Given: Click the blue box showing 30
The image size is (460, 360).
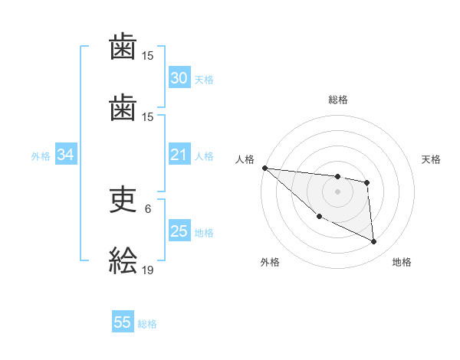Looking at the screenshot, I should point(179,78).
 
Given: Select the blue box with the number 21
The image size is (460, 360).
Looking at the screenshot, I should point(179,155).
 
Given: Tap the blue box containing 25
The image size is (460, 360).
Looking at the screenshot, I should point(179,231).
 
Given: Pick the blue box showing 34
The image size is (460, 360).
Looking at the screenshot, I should point(65,155).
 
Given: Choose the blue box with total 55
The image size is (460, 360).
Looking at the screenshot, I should point(123,322).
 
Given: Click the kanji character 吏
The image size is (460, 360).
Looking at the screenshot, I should point(123,200).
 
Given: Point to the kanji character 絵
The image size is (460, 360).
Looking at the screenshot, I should point(123,260).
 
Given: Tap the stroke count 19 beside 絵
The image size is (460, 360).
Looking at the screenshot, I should point(148,270).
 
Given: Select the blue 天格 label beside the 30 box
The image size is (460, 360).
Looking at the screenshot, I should point(204,80).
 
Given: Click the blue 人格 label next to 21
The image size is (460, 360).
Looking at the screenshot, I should point(204,156).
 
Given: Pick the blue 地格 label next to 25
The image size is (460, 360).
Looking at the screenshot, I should point(204,233).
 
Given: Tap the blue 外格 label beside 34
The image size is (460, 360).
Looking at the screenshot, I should point(41,156).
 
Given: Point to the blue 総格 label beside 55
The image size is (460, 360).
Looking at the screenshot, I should point(147,324).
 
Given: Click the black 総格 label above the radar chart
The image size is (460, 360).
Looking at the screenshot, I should point(338,100).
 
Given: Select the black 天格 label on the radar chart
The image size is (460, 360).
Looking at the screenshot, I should point(432,159).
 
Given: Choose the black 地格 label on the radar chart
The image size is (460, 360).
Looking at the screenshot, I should point(402,262).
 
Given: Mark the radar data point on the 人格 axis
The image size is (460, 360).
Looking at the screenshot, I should point(264,168).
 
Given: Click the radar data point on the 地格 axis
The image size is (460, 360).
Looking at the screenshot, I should point(374,242).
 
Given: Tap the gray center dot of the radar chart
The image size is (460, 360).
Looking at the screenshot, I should point(337,191).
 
